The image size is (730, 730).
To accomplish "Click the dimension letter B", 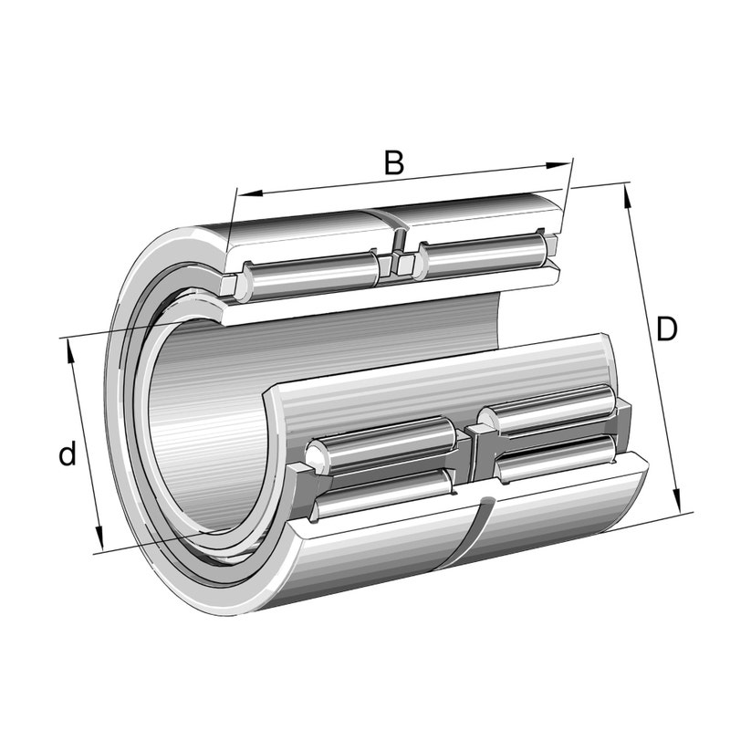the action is (394, 163).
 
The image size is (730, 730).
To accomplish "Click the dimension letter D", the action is (666, 329).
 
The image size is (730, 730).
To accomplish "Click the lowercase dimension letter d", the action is (68, 454).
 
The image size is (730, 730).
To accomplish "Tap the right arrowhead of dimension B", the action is (558, 166).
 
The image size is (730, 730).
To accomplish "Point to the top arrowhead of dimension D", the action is (628, 195).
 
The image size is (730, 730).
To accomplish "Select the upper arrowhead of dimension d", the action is (71, 351).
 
